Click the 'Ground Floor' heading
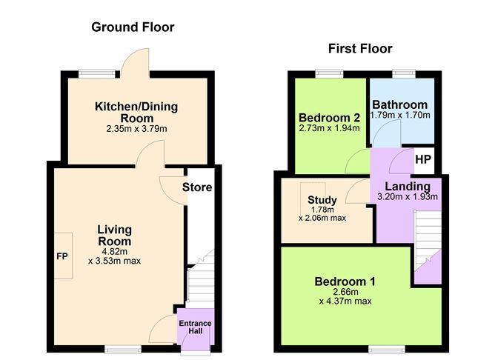(x=133, y=27)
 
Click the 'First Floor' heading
(x=360, y=49)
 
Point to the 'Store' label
(x=197, y=187)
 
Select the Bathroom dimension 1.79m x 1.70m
(x=400, y=116)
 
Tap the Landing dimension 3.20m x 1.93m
(x=407, y=197)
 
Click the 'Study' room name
(x=322, y=199)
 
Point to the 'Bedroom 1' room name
(x=345, y=281)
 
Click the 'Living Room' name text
(x=114, y=236)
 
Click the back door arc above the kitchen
(x=138, y=61)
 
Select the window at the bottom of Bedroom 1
(x=382, y=347)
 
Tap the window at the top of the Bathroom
(x=404, y=73)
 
